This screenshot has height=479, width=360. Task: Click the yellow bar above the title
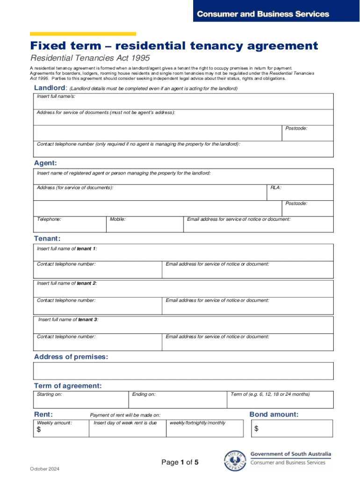pos(83,34)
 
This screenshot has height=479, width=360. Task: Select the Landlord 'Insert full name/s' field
pos(183,102)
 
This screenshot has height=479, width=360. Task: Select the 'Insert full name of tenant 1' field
pos(183,253)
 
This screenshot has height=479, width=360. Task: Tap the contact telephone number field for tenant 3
pos(98,341)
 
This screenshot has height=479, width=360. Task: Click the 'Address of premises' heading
pos(71,357)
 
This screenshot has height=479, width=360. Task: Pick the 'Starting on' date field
pos(81,399)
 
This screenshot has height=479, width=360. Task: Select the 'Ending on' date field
pos(177,399)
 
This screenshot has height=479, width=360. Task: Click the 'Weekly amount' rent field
pos(61,428)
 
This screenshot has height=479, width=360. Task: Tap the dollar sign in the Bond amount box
pos(257,429)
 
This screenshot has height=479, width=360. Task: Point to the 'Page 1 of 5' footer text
pos(180,462)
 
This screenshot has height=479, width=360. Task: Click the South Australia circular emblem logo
pos(235,461)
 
